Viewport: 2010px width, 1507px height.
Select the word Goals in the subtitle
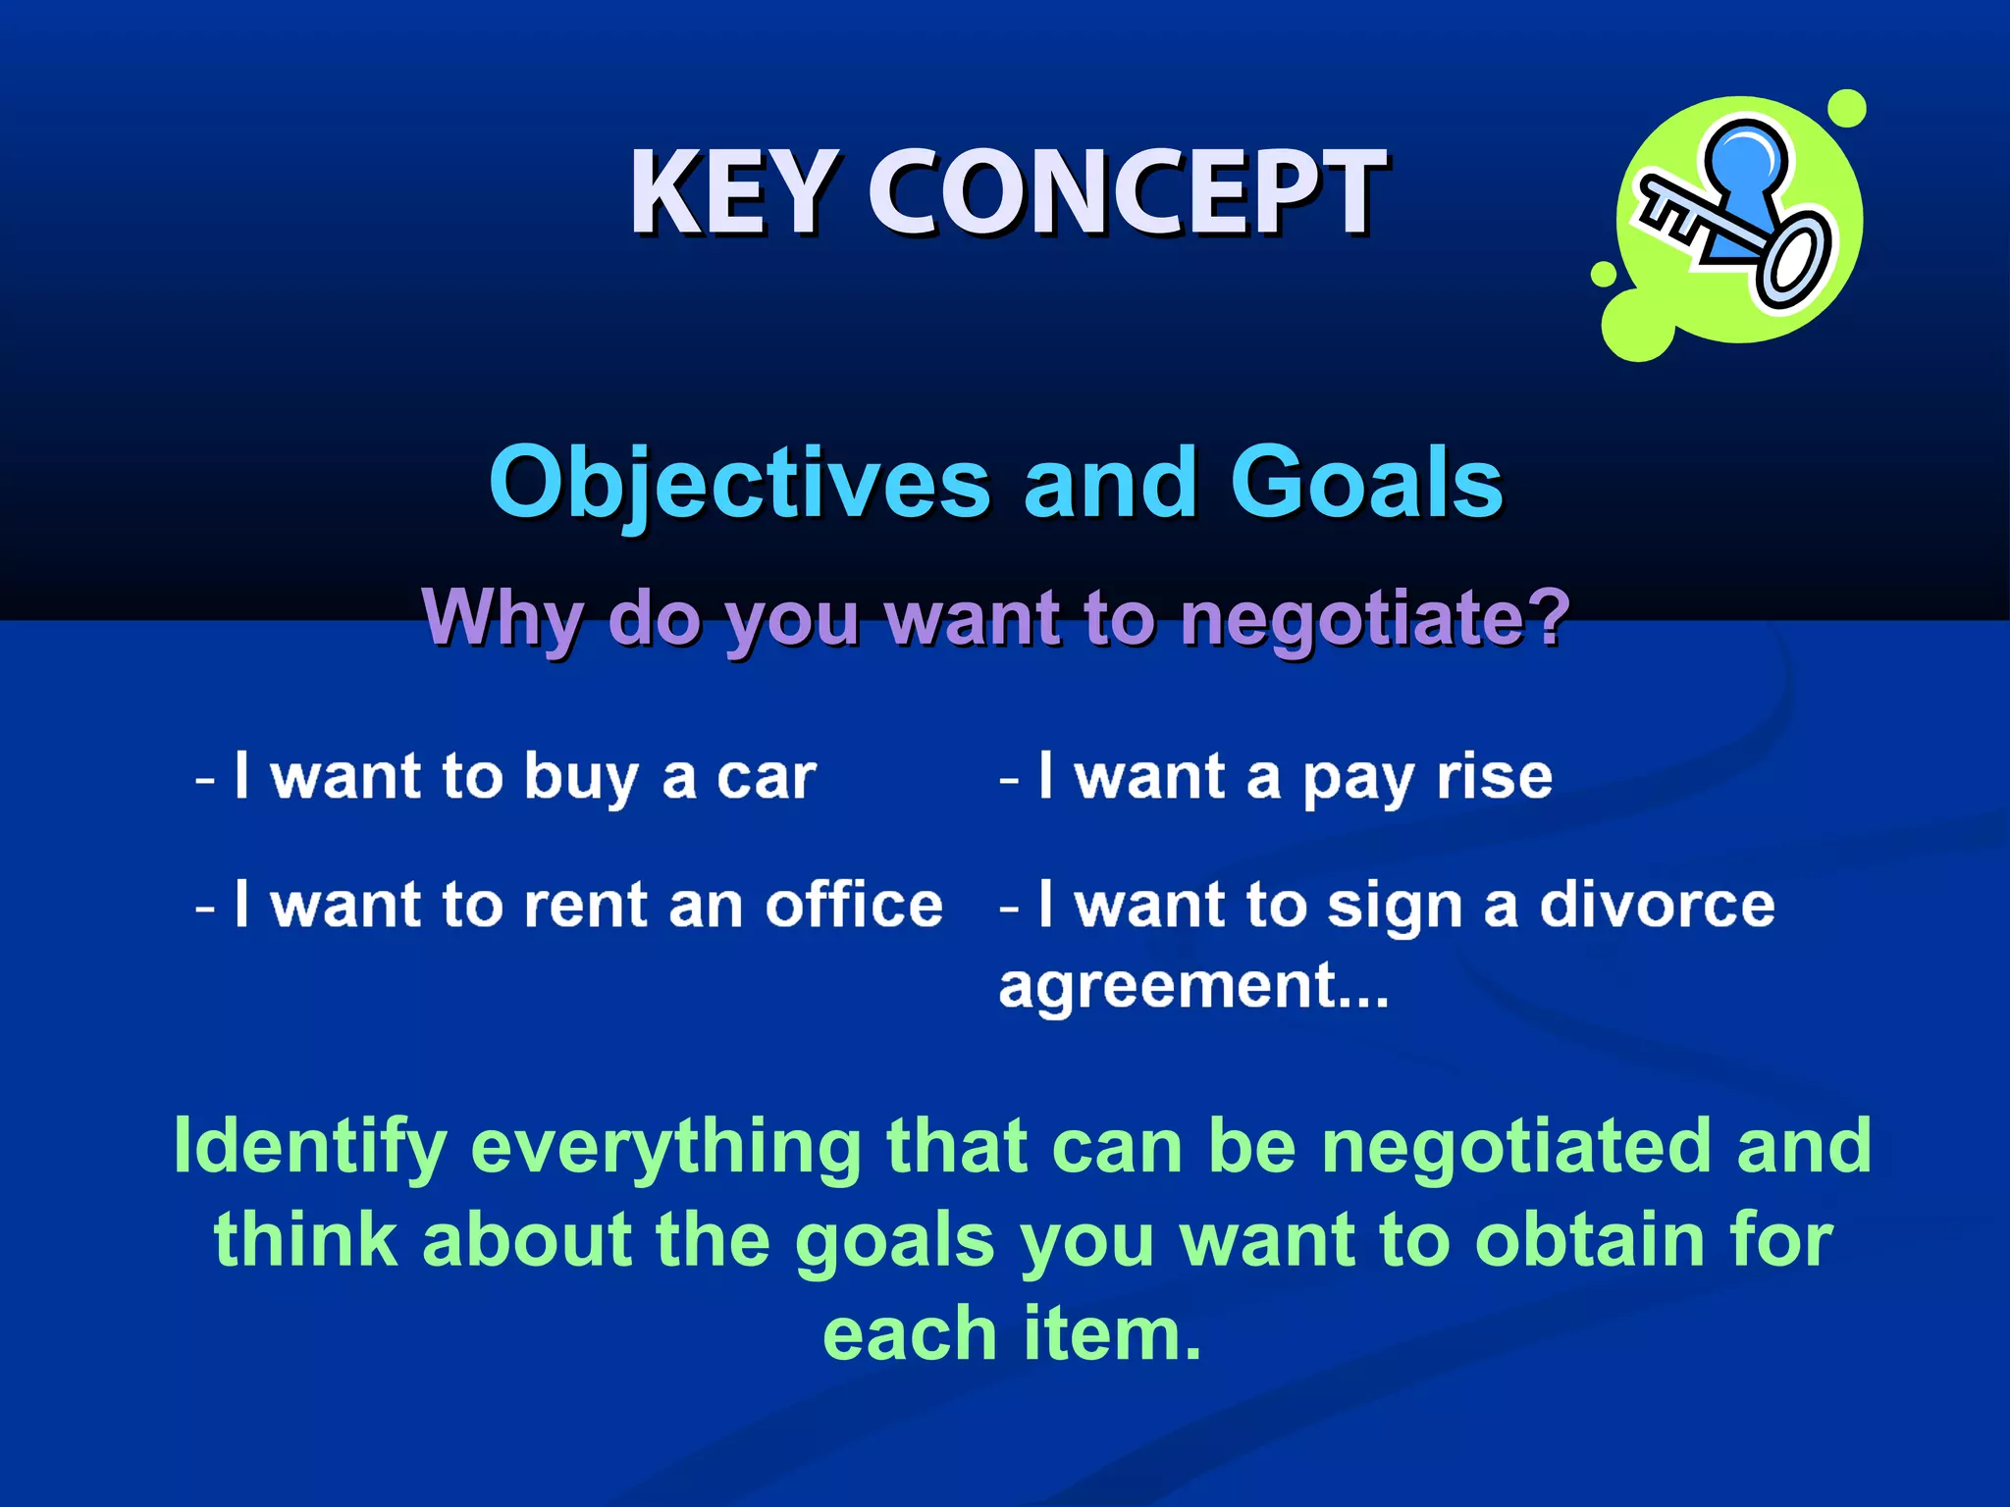pos(1366,483)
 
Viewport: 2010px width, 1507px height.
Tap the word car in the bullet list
pos(766,778)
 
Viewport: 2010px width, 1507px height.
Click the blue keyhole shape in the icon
pos(1745,167)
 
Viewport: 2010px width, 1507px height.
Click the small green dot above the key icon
pos(1847,108)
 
